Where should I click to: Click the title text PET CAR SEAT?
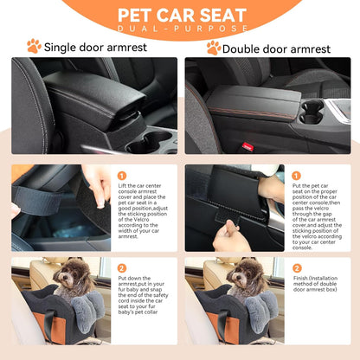(179, 15)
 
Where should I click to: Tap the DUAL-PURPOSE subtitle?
(179, 28)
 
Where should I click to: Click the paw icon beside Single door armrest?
(34, 46)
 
